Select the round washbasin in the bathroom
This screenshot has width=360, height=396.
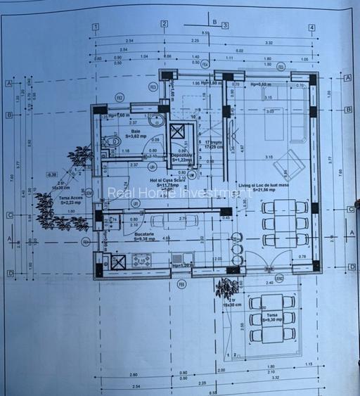157,120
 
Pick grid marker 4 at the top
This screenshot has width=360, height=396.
311,27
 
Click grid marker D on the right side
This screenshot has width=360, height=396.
350,267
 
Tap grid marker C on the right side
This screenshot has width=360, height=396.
350,209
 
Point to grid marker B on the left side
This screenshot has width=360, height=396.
9,115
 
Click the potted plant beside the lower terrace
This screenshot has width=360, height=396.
227,286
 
